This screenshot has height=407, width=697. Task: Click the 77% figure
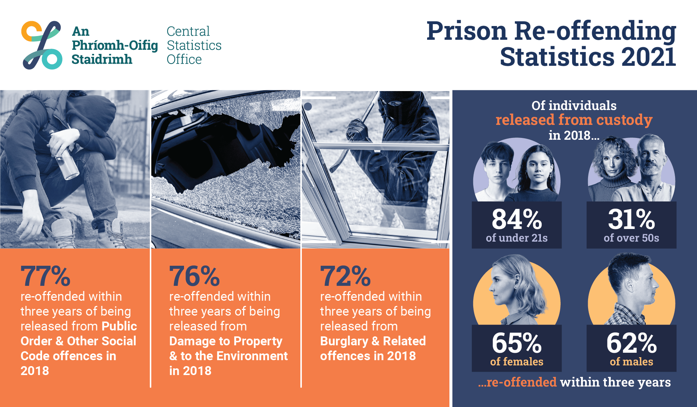point(45,276)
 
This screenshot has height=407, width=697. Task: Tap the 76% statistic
point(194,276)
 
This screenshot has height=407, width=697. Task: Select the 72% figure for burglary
point(345,276)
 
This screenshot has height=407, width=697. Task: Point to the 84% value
point(517,219)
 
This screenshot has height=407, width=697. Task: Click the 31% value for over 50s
point(631,219)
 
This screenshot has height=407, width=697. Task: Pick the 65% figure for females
point(517,343)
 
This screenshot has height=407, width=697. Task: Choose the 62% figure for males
point(631,343)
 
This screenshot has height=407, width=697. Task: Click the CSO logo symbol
point(42,45)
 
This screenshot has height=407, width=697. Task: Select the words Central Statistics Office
point(194,45)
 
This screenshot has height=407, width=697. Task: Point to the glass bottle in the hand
point(65,156)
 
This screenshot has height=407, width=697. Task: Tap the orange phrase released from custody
point(574,120)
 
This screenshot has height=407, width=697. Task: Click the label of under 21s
point(517,238)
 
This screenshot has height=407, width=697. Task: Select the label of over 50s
point(631,238)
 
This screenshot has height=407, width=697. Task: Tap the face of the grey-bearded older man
point(650,156)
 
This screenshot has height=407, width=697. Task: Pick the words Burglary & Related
point(373,341)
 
